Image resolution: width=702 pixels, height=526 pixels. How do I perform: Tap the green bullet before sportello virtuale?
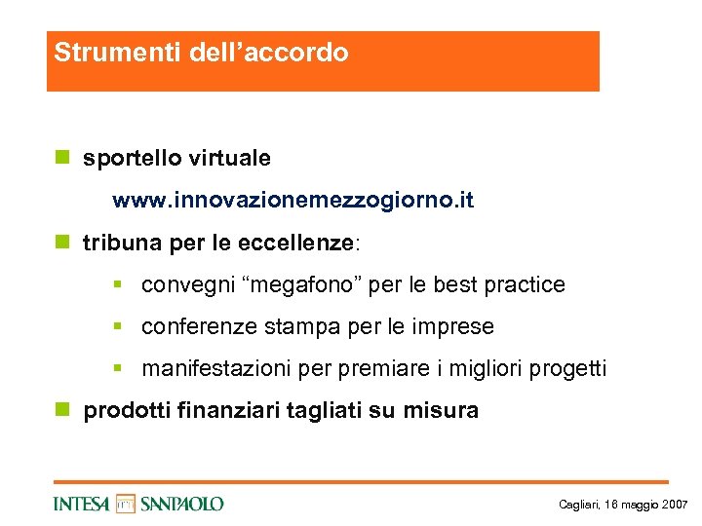(62, 157)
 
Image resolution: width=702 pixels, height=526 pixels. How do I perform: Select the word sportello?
(130, 158)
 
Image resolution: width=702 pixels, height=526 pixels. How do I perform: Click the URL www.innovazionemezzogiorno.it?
(292, 201)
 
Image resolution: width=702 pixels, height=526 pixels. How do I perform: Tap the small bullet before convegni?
(117, 285)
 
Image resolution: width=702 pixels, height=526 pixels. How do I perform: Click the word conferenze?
(198, 327)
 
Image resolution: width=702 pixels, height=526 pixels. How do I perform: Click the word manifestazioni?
(209, 369)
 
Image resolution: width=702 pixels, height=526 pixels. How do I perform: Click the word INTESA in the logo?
(82, 504)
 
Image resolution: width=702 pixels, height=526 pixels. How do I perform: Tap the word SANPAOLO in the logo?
(181, 504)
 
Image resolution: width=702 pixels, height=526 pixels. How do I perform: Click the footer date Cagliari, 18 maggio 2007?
(623, 505)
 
